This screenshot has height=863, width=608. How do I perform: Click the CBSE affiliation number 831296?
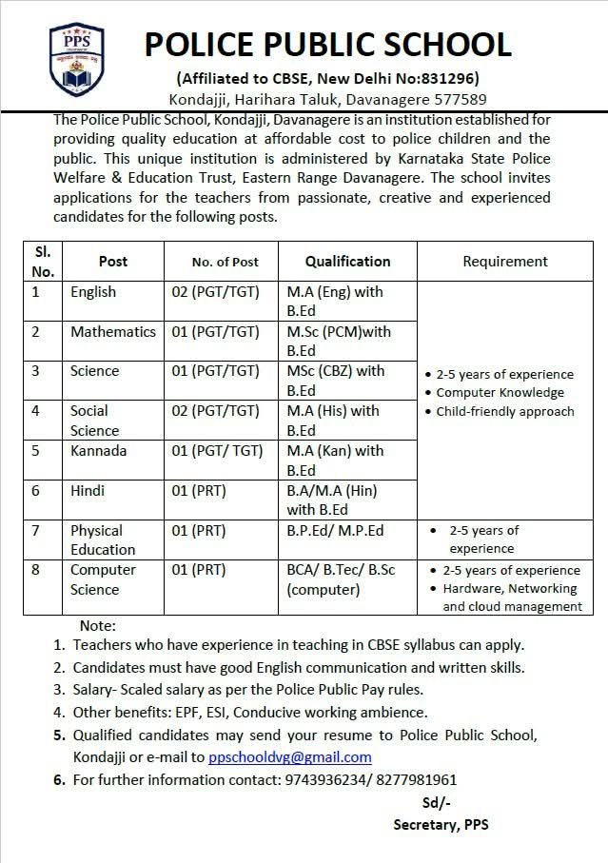(448, 78)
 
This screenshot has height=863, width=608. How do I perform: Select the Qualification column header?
(347, 261)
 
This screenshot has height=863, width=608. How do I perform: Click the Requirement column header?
(505, 261)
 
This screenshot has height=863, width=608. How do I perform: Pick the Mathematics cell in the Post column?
(113, 332)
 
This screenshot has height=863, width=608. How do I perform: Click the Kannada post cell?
(98, 450)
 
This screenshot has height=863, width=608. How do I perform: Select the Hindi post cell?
(88, 490)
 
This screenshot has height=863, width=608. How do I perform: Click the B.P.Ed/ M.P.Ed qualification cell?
(335, 530)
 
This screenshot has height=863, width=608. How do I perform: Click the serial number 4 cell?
(36, 411)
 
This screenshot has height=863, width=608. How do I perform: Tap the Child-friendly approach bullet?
(504, 412)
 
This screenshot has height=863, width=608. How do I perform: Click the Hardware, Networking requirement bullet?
(510, 588)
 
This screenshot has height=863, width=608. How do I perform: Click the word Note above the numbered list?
(98, 625)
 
